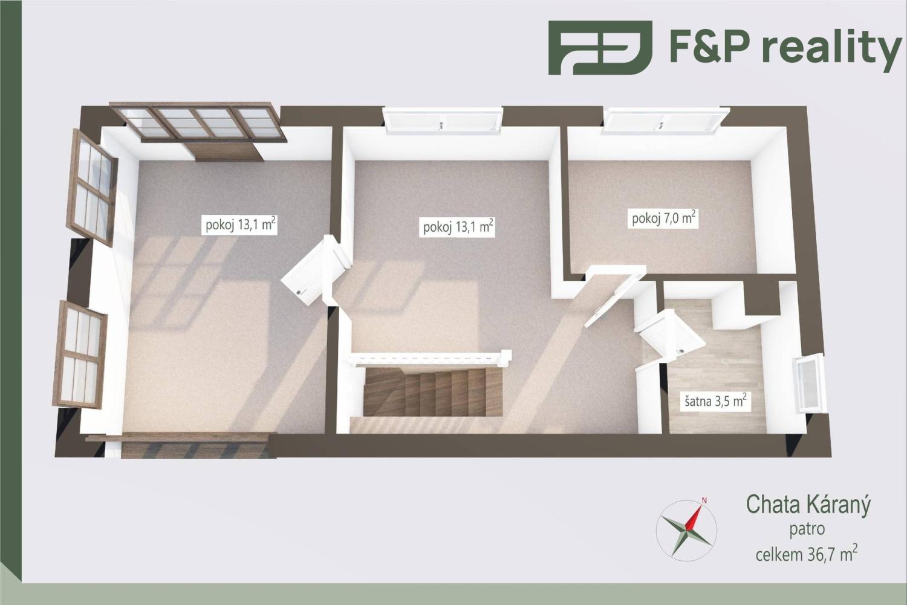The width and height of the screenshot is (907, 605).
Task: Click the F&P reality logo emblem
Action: point(600,47)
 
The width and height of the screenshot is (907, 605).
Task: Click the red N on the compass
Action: point(704,500)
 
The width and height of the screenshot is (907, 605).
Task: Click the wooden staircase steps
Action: point(432,393)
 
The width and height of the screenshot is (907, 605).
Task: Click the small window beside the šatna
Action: point(808,384)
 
